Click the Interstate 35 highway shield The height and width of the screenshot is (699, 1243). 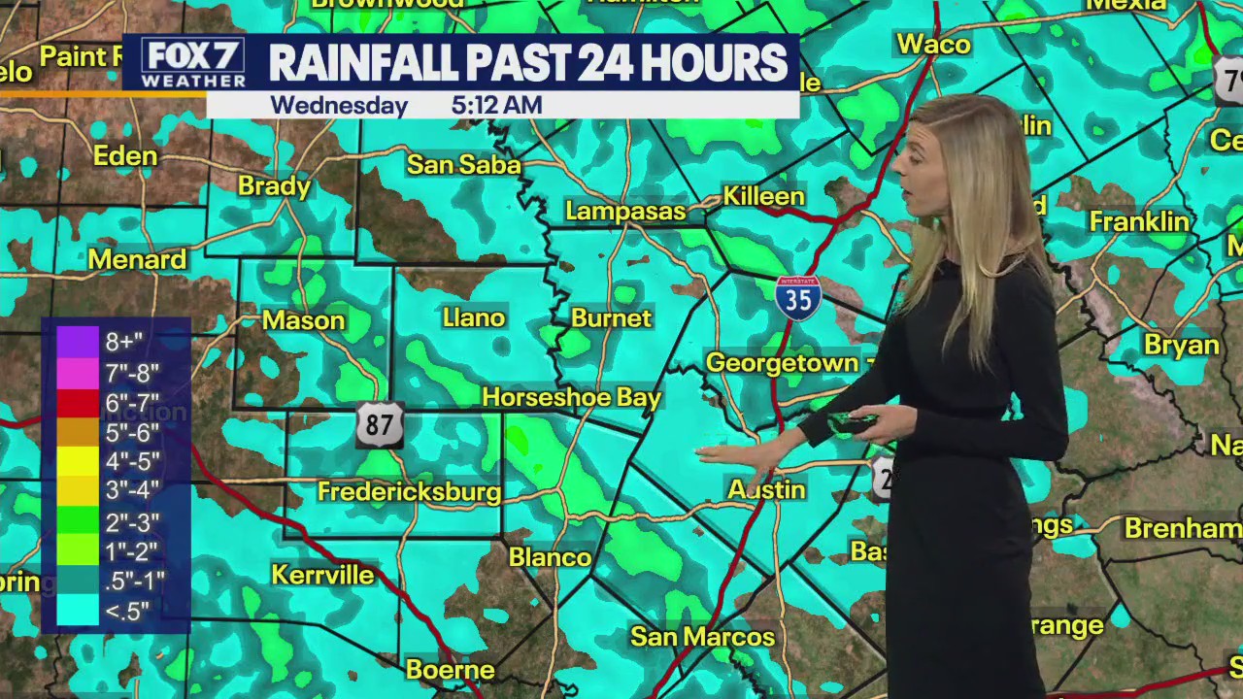798,297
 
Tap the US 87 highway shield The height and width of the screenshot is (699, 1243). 379,425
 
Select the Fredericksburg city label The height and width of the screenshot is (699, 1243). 409,492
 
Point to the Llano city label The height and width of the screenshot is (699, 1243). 474,317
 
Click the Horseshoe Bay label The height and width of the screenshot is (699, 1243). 571,397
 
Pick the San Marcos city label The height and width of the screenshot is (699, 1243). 702,637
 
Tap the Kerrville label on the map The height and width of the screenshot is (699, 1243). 322,575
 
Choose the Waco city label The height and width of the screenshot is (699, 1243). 933,44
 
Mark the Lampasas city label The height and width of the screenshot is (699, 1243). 625,211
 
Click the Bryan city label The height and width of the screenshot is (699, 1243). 1181,345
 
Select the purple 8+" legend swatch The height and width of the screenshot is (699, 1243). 78,342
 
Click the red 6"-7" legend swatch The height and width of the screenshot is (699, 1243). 78,402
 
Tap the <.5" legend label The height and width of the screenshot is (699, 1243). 127,611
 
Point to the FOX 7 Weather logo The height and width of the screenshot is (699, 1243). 192,63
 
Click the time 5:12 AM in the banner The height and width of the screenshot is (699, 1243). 496,105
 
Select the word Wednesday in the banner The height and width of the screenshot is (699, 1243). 338,105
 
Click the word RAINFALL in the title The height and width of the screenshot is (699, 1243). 363,63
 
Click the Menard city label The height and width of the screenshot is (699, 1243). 137,259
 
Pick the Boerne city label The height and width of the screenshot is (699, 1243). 450,670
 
